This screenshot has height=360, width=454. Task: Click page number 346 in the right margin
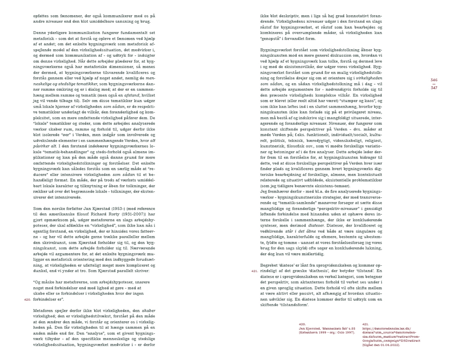click(434, 80)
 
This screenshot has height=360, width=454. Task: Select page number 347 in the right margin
click(434, 88)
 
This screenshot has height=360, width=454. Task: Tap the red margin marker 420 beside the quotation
click(27, 299)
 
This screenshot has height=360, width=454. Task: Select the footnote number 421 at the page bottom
click(365, 323)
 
